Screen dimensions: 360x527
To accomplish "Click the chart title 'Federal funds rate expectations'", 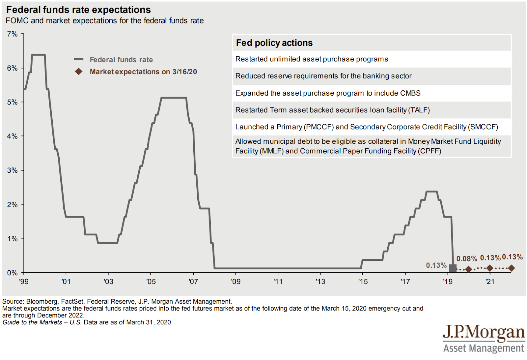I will (x=78, y=10).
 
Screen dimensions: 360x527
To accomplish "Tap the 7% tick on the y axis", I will (x=12, y=34).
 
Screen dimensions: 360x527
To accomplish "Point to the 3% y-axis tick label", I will (x=12, y=170).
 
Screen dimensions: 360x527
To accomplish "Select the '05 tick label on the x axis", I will (x=151, y=282).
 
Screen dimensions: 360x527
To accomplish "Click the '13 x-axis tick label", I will (x=320, y=282).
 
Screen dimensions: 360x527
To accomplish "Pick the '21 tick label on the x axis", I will (x=490, y=282).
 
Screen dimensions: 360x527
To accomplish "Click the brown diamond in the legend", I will (x=78, y=72).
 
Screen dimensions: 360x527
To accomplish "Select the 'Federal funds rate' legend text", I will (x=121, y=60).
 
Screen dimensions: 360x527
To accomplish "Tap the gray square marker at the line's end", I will (x=453, y=268).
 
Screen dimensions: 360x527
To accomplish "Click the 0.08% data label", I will (x=466, y=259).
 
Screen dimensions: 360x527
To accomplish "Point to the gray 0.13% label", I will (x=436, y=265).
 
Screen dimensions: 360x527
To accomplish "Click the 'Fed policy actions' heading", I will (x=274, y=43).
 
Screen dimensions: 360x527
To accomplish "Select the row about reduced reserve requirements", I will (x=323, y=76).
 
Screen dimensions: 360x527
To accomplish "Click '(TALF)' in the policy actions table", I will (x=419, y=110).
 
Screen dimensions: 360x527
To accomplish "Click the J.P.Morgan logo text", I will (x=484, y=333).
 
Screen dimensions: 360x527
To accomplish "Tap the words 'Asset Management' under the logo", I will (x=484, y=348).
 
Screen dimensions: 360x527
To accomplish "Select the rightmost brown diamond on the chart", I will (x=511, y=268).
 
